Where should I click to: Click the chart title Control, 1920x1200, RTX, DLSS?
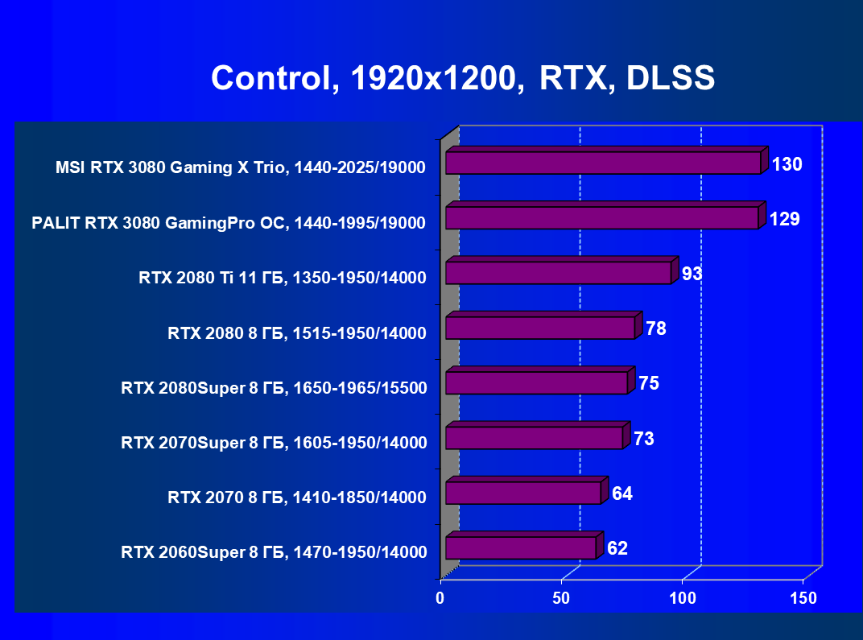(x=463, y=78)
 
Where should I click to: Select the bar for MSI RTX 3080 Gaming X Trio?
(x=603, y=163)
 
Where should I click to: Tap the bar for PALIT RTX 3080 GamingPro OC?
(x=601, y=217)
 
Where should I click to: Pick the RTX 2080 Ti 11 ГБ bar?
(x=558, y=273)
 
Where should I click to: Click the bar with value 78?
(x=540, y=328)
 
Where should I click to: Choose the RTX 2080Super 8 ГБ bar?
(x=536, y=382)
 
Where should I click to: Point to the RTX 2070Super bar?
(x=534, y=438)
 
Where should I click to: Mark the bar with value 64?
(x=523, y=493)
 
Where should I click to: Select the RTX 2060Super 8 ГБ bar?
(x=521, y=547)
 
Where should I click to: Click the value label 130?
(x=787, y=165)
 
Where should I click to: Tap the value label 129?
(x=784, y=219)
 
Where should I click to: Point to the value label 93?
(x=692, y=274)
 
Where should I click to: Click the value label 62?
(x=617, y=549)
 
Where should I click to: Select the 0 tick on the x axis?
(x=440, y=598)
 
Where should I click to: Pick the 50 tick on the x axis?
(x=561, y=598)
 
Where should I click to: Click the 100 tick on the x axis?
(x=683, y=598)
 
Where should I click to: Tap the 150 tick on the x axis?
(x=803, y=598)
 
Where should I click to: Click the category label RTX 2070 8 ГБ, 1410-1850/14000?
(x=296, y=498)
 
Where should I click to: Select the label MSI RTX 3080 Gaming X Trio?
(x=240, y=167)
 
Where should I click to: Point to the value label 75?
(x=649, y=383)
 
